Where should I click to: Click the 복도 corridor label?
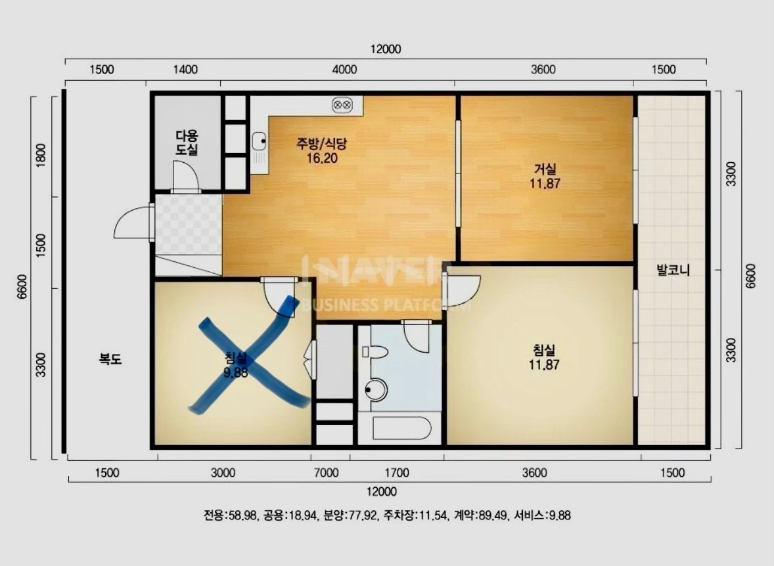(110, 359)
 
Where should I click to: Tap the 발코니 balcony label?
(673, 270)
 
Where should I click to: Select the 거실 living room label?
(545, 169)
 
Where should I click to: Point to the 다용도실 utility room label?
(187, 142)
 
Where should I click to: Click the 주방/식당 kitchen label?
(322, 144)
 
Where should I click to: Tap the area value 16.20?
(322, 158)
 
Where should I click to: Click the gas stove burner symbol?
(342, 104)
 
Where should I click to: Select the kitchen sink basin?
(259, 141)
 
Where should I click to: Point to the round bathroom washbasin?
(376, 390)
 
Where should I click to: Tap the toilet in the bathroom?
(375, 352)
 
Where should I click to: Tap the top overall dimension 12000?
(386, 49)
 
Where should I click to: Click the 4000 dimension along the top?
(344, 70)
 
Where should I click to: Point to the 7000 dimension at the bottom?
(327, 473)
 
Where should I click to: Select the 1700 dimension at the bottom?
(397, 473)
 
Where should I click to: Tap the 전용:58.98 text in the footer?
(230, 515)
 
